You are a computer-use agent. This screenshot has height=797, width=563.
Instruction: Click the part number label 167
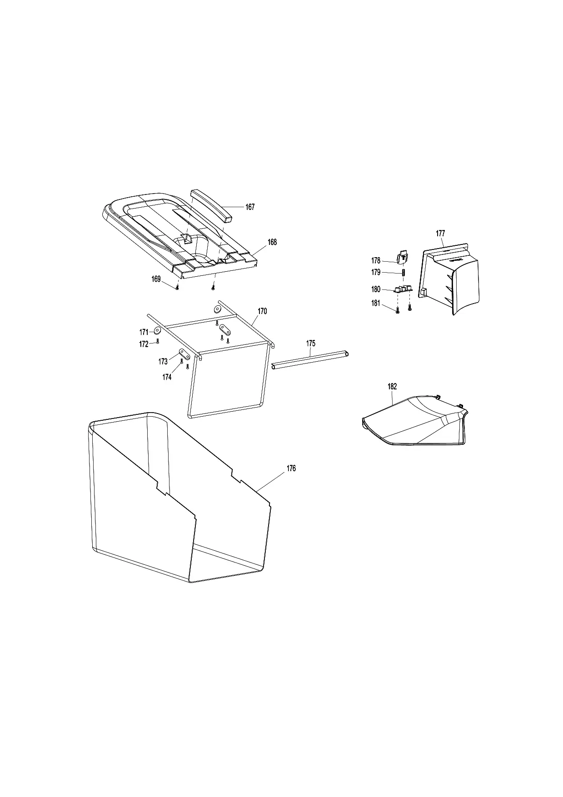click(250, 207)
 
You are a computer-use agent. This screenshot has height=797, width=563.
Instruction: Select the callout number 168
click(272, 242)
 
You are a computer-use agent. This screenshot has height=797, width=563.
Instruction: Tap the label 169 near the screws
click(156, 279)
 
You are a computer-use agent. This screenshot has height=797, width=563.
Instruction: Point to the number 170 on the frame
click(262, 311)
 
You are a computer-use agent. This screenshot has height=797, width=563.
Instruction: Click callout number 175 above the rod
click(310, 344)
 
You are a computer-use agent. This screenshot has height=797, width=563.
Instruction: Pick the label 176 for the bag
click(291, 468)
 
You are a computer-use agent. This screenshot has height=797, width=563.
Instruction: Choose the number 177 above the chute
click(440, 234)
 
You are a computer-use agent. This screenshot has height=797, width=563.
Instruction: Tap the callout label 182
click(392, 387)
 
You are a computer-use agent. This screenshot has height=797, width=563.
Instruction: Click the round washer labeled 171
click(158, 330)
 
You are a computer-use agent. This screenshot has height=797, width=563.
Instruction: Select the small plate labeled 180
click(403, 289)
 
